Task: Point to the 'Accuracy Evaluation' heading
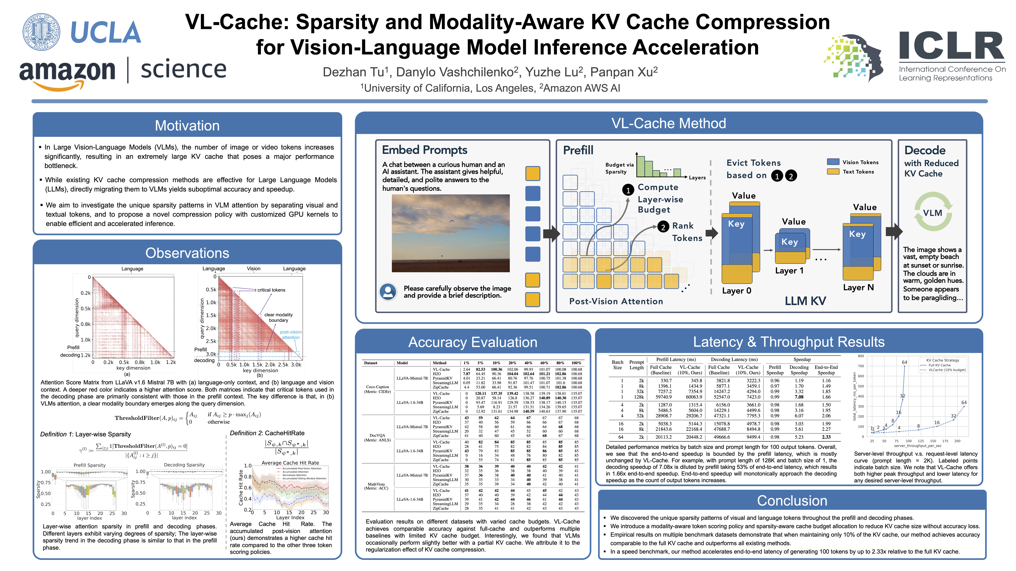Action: point(472,342)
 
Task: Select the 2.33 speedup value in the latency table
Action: point(826,437)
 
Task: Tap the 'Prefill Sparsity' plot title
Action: point(89,465)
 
